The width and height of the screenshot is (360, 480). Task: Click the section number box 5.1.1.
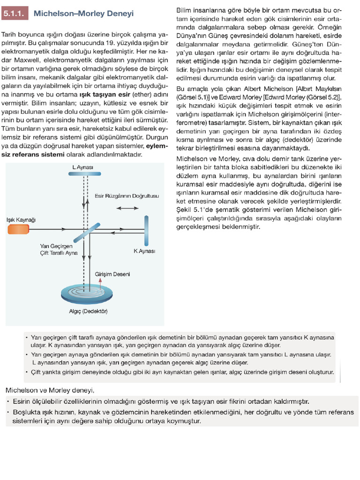click(x=16, y=14)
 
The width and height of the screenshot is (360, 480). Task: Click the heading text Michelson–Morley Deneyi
click(x=83, y=14)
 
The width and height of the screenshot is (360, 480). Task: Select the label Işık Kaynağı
click(x=21, y=220)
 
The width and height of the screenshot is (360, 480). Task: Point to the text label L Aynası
click(x=83, y=167)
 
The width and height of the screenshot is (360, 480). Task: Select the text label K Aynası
click(x=144, y=251)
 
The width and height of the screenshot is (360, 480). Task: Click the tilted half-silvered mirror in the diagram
click(x=84, y=229)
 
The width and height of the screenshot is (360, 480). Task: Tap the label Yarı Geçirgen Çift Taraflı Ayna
click(x=59, y=249)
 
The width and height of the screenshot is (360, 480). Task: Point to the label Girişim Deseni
click(x=112, y=274)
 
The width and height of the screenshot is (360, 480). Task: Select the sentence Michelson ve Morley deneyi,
click(x=50, y=390)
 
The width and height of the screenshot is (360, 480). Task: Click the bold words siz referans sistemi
click(x=32, y=153)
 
